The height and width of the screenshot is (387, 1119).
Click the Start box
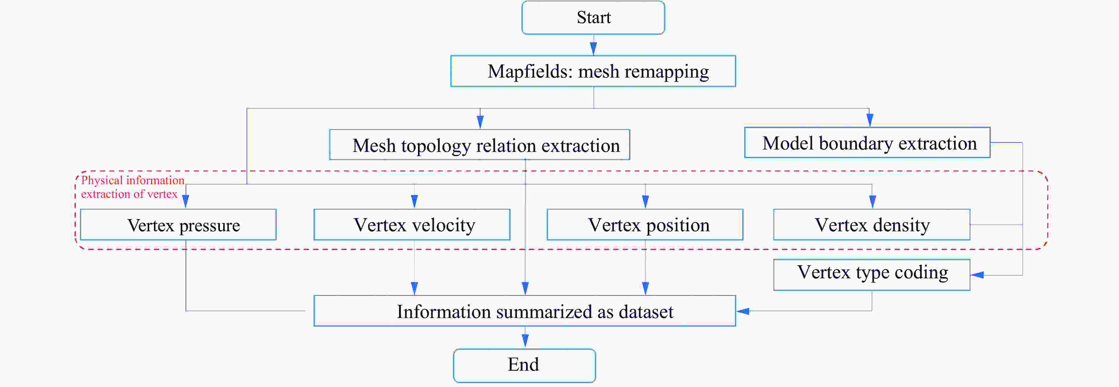click(593, 18)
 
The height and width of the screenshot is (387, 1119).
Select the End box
click(524, 365)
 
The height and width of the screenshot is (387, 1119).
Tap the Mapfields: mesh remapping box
click(593, 71)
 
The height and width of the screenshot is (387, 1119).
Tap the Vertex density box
click(872, 225)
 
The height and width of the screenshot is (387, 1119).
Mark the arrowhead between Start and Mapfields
click(593, 48)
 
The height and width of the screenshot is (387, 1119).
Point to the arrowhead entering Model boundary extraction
click(870, 120)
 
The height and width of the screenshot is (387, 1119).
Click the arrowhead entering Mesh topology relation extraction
click(480, 122)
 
